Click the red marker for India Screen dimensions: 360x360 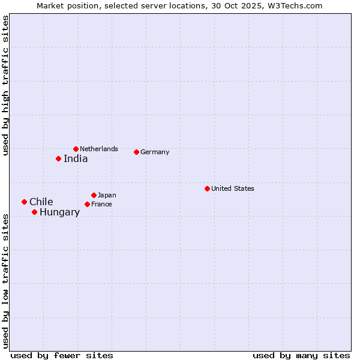click(x=58, y=159)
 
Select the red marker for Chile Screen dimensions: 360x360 click(x=24, y=202)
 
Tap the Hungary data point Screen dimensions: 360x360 click(x=34, y=212)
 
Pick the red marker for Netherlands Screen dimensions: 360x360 click(x=76, y=149)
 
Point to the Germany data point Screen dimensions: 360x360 click(x=136, y=152)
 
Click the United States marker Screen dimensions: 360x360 click(x=207, y=188)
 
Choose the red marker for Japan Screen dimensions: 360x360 click(x=94, y=195)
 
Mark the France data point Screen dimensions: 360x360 click(x=87, y=205)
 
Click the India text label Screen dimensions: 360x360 click(x=76, y=159)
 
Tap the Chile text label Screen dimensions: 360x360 click(x=41, y=202)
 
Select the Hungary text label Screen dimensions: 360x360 click(x=59, y=212)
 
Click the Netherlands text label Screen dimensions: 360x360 click(x=99, y=149)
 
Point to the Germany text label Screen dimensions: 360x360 click(x=155, y=152)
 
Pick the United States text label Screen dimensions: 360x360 click(x=233, y=188)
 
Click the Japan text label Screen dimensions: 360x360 click(x=107, y=195)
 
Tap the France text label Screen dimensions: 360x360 click(x=101, y=205)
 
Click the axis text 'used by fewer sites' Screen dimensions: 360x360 click(x=62, y=355)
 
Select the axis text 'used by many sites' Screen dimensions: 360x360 click(x=301, y=355)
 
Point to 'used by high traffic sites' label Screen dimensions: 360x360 click(x=5, y=85)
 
